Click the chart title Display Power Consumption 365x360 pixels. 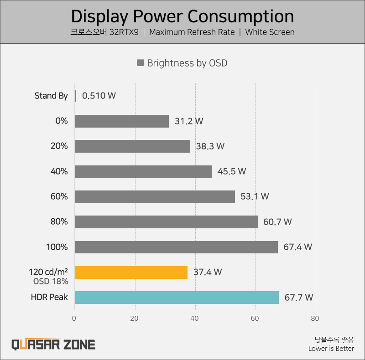(182, 16)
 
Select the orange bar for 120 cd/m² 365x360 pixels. (131, 272)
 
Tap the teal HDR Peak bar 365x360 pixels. (177, 298)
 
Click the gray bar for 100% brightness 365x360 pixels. (176, 247)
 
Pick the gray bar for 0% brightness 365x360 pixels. (122, 121)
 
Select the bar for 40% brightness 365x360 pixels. (143, 171)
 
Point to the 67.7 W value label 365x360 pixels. (298, 298)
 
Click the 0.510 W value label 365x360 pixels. (99, 96)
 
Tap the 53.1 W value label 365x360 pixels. (255, 197)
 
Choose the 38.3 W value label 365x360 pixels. (210, 146)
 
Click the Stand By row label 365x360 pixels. (51, 96)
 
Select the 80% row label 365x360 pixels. (59, 222)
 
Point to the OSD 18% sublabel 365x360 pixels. (51, 281)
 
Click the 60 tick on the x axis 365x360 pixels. (255, 319)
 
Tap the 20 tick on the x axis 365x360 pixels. (135, 319)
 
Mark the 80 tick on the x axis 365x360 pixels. (315, 319)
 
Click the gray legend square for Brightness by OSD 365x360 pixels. (141, 63)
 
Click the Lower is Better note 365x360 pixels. (331, 349)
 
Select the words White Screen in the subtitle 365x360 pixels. (270, 32)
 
